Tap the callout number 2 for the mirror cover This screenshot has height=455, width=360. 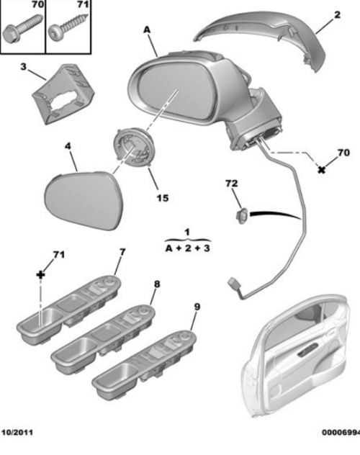pos(336,14)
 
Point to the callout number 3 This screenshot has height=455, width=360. pos(23,68)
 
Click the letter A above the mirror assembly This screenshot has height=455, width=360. pos(147,29)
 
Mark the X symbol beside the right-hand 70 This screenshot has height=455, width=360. pos(322,169)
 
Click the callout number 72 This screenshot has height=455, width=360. pos(231,185)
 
